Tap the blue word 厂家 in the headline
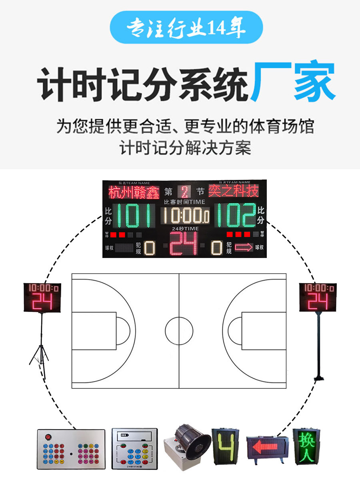pyautogui.click(x=293, y=82)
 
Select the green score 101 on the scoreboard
pyautogui.click(x=134, y=215)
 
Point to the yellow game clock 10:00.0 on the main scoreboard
pyautogui.click(x=184, y=216)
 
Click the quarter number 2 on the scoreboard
pyautogui.click(x=184, y=192)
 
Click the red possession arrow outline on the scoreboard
pyautogui.click(x=244, y=248)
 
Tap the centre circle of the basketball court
pyautogui.click(x=179, y=331)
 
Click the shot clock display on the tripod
pyautogui.click(x=42, y=297)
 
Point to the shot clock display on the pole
pyautogui.click(x=318, y=297)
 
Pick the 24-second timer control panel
pyautogui.click(x=134, y=449)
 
